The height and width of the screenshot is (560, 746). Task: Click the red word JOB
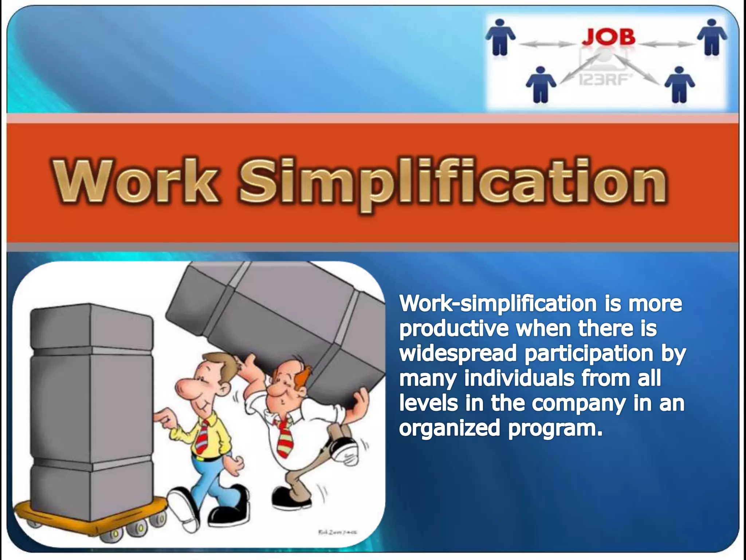click(608, 37)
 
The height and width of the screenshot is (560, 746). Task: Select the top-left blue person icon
click(501, 37)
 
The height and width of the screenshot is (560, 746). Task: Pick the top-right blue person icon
click(712, 37)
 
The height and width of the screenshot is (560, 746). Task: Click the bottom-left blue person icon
click(541, 84)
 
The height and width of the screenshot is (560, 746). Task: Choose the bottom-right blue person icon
click(679, 84)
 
